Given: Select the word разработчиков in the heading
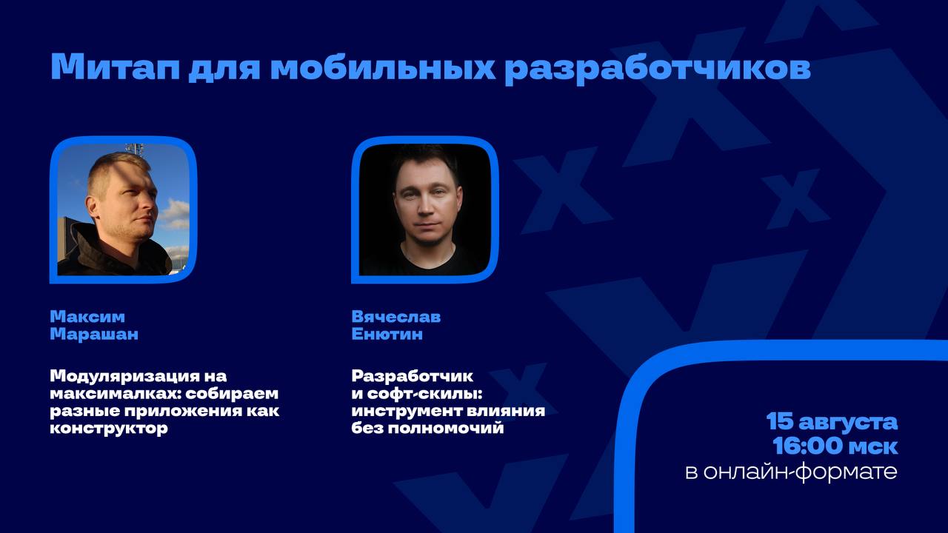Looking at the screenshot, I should [x=658, y=68].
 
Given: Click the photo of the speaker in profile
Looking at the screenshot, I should [x=123, y=209].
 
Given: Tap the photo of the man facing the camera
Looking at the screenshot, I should [x=424, y=209].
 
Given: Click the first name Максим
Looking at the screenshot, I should [x=87, y=317].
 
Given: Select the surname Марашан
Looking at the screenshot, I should [x=94, y=335].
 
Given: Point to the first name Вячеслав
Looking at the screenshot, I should [x=396, y=317].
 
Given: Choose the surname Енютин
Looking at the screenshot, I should [x=387, y=335].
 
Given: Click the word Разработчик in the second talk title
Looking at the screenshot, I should [x=413, y=376].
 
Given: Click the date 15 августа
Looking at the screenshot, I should [x=832, y=423].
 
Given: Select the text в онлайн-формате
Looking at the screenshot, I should [x=791, y=472].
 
